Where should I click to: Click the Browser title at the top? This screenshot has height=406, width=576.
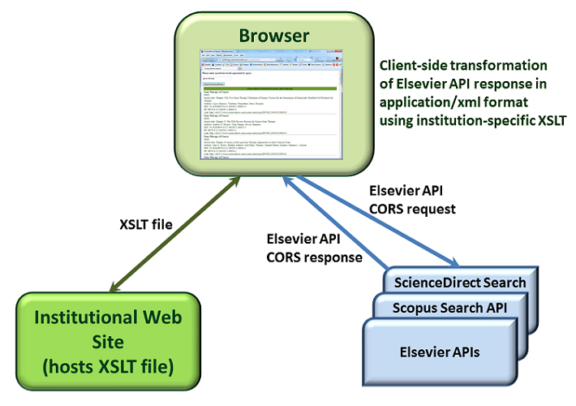click(x=273, y=36)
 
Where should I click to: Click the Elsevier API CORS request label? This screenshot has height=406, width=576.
click(x=412, y=200)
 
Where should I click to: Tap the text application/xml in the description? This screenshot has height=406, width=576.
click(x=430, y=103)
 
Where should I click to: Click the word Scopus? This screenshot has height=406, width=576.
click(x=418, y=308)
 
